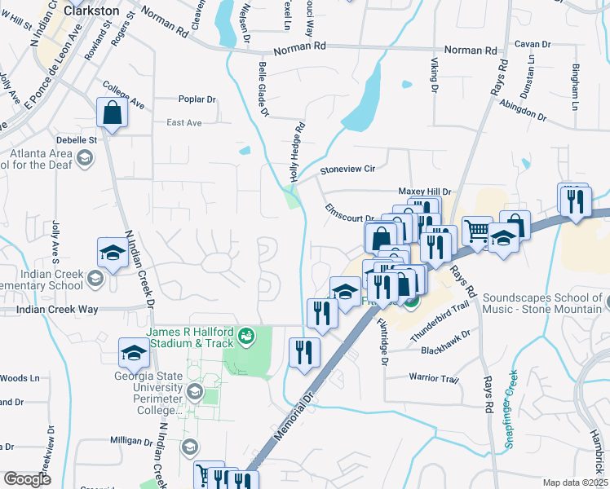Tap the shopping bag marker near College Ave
(112, 113)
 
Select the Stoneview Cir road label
(347, 170)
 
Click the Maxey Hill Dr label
(424, 191)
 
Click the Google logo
(27, 479)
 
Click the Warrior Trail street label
(435, 378)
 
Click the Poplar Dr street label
(197, 99)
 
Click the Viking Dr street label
(434, 74)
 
